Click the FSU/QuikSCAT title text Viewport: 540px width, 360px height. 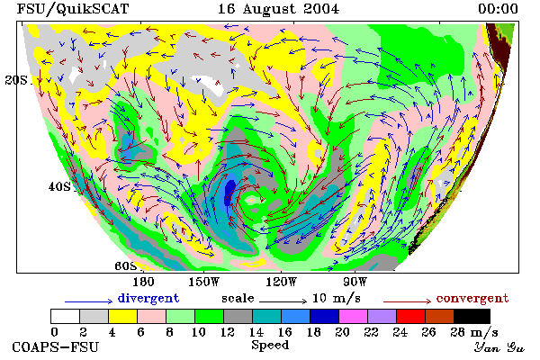[x=73, y=9]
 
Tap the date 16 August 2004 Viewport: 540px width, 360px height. [x=278, y=9]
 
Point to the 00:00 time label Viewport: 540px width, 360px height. [x=498, y=9]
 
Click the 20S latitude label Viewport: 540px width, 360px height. [x=16, y=80]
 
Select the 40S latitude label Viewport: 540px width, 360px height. [x=59, y=186]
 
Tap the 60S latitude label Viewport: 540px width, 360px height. [x=126, y=266]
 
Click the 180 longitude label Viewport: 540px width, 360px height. [x=143, y=282]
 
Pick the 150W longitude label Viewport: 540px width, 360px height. [x=204, y=282]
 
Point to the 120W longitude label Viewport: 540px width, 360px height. [x=281, y=282]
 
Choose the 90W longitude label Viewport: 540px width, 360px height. [x=355, y=282]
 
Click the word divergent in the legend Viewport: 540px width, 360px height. [x=148, y=298]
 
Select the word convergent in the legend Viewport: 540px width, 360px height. [x=472, y=298]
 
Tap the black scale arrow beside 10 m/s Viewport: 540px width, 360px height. [x=283, y=301]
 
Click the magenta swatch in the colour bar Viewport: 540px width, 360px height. [x=354, y=316]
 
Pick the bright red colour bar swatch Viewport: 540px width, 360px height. [x=411, y=316]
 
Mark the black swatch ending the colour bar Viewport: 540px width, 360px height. [x=472, y=316]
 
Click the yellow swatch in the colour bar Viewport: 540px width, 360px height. [x=122, y=316]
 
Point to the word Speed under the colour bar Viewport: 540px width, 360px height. [x=270, y=346]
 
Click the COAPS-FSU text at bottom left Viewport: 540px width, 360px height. [x=56, y=346]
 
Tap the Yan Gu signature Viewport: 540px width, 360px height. [x=499, y=347]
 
